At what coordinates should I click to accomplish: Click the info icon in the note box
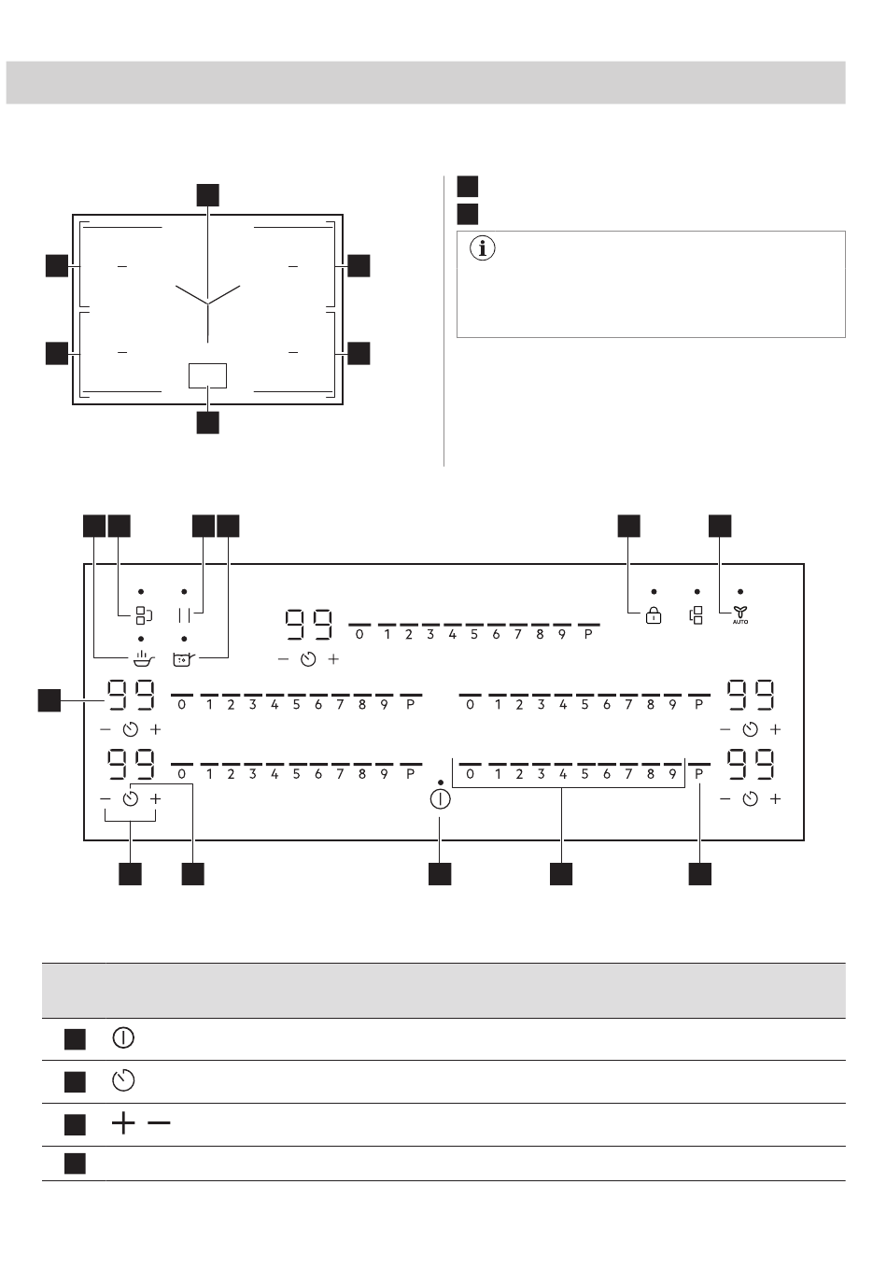click(482, 248)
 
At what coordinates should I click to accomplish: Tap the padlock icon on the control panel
click(654, 615)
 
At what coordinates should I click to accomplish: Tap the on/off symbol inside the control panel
click(440, 799)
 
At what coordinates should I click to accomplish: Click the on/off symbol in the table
click(123, 1037)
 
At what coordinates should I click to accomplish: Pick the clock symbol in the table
click(123, 1080)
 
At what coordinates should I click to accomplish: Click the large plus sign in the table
click(123, 1123)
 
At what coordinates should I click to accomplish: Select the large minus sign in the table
click(159, 1123)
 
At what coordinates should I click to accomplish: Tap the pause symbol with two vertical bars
click(184, 615)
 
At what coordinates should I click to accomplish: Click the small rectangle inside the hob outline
click(207, 375)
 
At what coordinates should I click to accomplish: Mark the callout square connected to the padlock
click(628, 526)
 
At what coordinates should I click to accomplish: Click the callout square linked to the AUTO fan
click(720, 526)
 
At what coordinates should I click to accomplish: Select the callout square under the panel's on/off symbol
click(440, 874)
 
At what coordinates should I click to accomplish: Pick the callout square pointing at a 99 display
click(49, 700)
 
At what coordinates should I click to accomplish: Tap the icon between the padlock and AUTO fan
click(697, 615)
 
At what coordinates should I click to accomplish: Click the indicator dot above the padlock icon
click(654, 592)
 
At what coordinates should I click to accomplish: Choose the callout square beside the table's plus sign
click(75, 1124)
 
